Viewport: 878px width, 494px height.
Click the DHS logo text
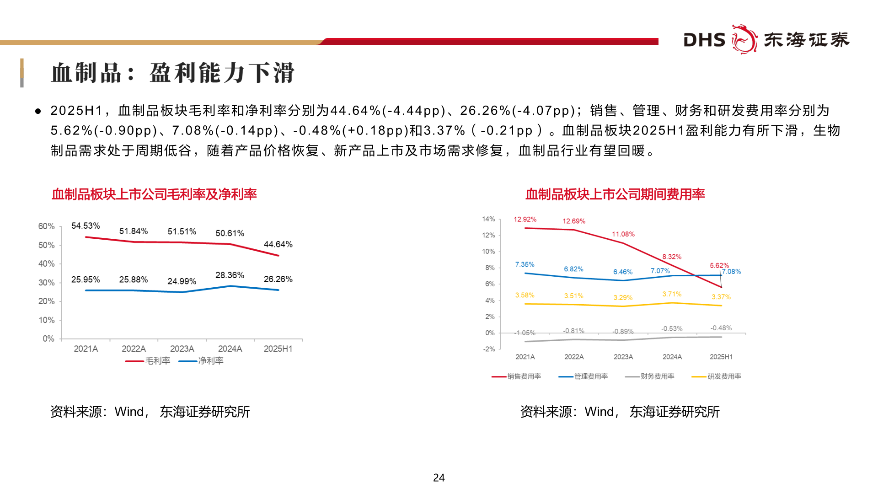[704, 40]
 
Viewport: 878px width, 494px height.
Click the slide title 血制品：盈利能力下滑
[173, 73]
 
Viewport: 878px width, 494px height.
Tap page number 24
[439, 478]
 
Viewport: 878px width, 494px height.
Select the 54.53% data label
[86, 226]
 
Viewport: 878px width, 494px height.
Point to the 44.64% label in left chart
[278, 244]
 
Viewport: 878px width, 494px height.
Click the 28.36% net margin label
[230, 275]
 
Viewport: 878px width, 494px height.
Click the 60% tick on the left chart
[46, 226]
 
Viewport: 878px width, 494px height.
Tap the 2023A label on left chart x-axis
[182, 349]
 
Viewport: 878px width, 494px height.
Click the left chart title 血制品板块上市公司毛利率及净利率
[154, 194]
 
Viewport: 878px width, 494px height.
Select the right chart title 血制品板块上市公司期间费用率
[615, 194]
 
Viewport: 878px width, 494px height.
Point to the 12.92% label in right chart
[525, 220]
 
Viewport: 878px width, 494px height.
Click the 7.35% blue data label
[525, 264]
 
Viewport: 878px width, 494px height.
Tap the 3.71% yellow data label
[672, 294]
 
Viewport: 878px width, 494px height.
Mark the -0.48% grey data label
[721, 328]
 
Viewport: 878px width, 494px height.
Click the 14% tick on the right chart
[488, 219]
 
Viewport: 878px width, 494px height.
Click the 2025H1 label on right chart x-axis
[721, 357]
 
